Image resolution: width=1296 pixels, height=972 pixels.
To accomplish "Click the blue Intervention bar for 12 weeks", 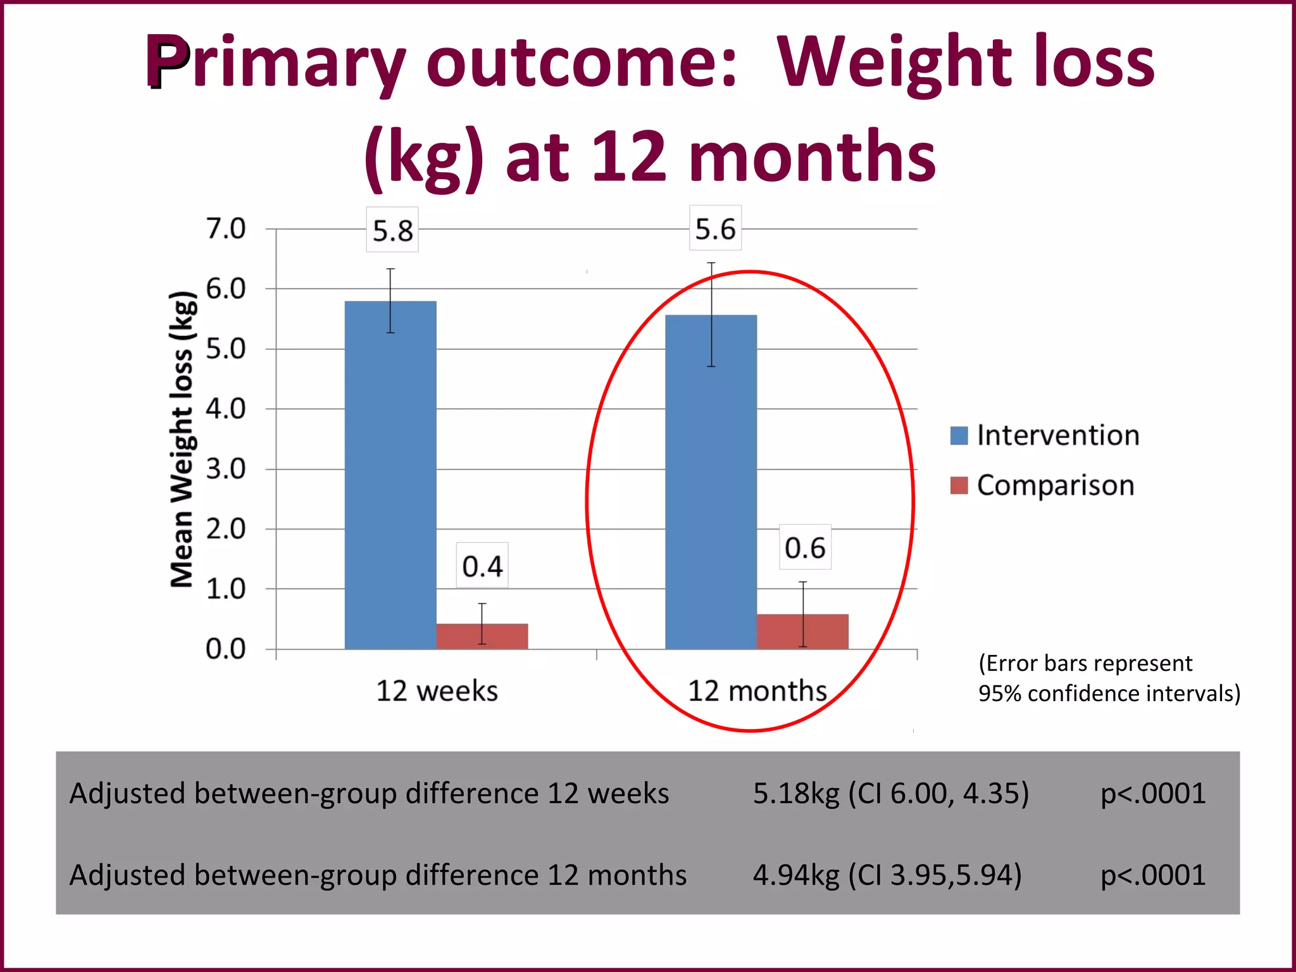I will tap(390, 475).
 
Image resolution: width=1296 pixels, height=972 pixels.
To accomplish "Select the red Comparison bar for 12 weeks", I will tap(482, 636).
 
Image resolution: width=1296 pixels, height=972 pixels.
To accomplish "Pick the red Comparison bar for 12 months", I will tap(802, 631).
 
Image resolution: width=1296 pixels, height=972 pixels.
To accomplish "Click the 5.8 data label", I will tap(392, 230).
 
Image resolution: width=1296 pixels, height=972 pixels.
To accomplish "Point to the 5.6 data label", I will tap(715, 228).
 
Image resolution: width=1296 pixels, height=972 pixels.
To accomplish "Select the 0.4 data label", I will tap(482, 566).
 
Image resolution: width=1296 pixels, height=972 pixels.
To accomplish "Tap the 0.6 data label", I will tap(805, 547).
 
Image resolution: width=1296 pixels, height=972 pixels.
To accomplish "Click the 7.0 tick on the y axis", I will tap(226, 228).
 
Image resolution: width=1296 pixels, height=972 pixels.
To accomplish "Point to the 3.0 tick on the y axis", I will tap(226, 469).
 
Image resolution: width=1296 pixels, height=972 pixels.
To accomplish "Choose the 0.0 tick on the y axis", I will tap(226, 649).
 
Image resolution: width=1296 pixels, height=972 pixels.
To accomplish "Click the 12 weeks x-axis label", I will tap(437, 690).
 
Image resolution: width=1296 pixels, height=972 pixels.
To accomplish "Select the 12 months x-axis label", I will tap(757, 690).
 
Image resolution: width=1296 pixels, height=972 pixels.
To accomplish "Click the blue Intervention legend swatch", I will tap(959, 435).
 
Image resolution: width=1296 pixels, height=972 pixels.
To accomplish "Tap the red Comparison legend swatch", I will tap(959, 485).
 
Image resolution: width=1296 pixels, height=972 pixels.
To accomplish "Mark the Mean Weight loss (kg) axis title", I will tap(182, 439).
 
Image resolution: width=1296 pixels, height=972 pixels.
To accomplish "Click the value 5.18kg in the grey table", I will tap(796, 794).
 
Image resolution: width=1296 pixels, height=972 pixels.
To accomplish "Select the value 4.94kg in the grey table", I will tap(796, 875).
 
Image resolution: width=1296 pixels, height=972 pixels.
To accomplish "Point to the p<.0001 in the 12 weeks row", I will tap(1153, 794).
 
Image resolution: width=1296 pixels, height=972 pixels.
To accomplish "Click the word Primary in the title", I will tap(275, 63).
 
